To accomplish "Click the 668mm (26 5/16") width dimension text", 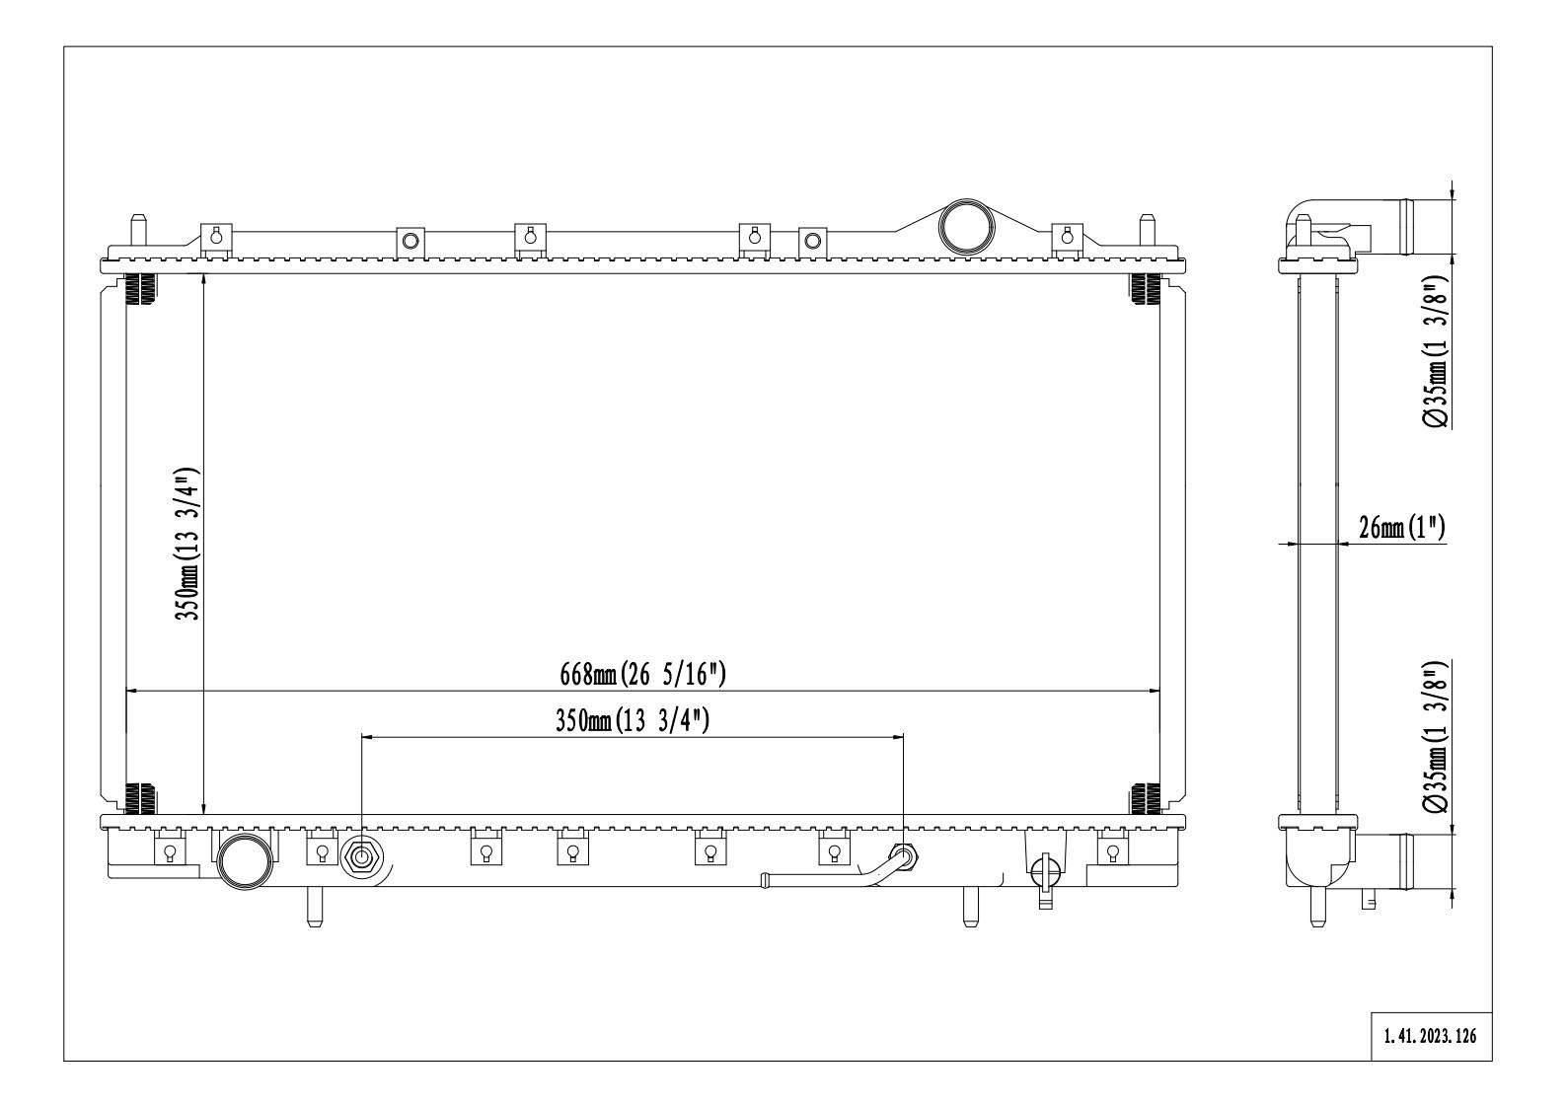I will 642,675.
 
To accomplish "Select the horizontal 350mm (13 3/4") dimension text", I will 633,721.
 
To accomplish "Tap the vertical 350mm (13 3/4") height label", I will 188,544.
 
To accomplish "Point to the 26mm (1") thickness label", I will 1401,529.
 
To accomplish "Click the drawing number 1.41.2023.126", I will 1431,1037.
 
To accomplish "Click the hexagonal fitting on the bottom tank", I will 361,858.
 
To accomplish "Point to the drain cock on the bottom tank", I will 1043,872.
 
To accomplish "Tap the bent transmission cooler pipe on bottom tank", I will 839,874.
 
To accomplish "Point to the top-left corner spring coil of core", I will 141,287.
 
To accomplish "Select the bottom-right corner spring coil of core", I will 1145,797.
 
